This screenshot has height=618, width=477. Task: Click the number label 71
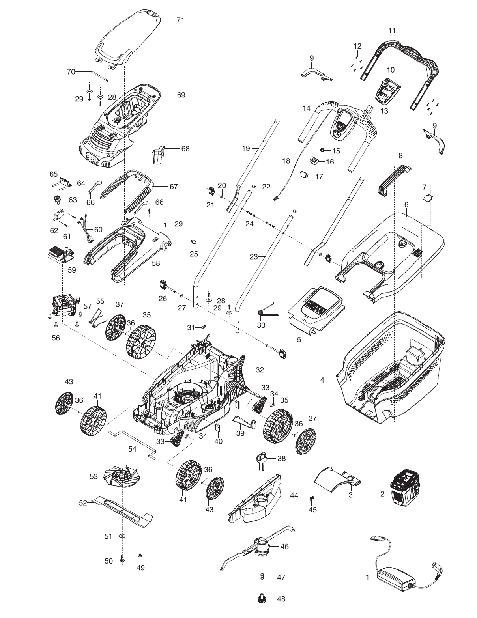click(180, 20)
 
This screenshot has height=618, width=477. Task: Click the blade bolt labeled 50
click(122, 560)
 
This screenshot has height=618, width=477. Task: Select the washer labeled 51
click(122, 536)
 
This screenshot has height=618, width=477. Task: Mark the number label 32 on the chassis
click(259, 370)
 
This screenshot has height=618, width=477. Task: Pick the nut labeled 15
click(322, 150)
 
